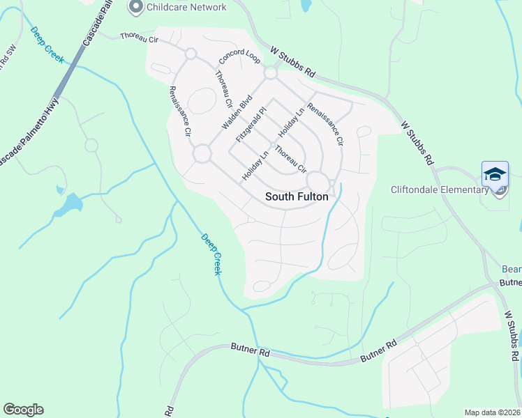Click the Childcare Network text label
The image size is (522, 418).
[187, 7]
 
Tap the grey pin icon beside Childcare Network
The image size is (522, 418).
[136, 7]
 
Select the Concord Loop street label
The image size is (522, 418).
[239, 59]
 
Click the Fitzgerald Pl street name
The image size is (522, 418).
[251, 125]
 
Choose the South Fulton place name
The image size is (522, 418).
[297, 197]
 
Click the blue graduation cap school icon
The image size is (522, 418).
[495, 174]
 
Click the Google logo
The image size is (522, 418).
[23, 410]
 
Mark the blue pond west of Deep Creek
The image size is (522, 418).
[70, 204]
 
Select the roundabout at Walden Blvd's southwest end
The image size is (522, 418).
[202, 154]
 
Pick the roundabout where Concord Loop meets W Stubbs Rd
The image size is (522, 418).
[271, 73]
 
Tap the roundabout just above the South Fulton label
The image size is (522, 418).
[318, 180]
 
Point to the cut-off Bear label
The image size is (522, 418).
[512, 269]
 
